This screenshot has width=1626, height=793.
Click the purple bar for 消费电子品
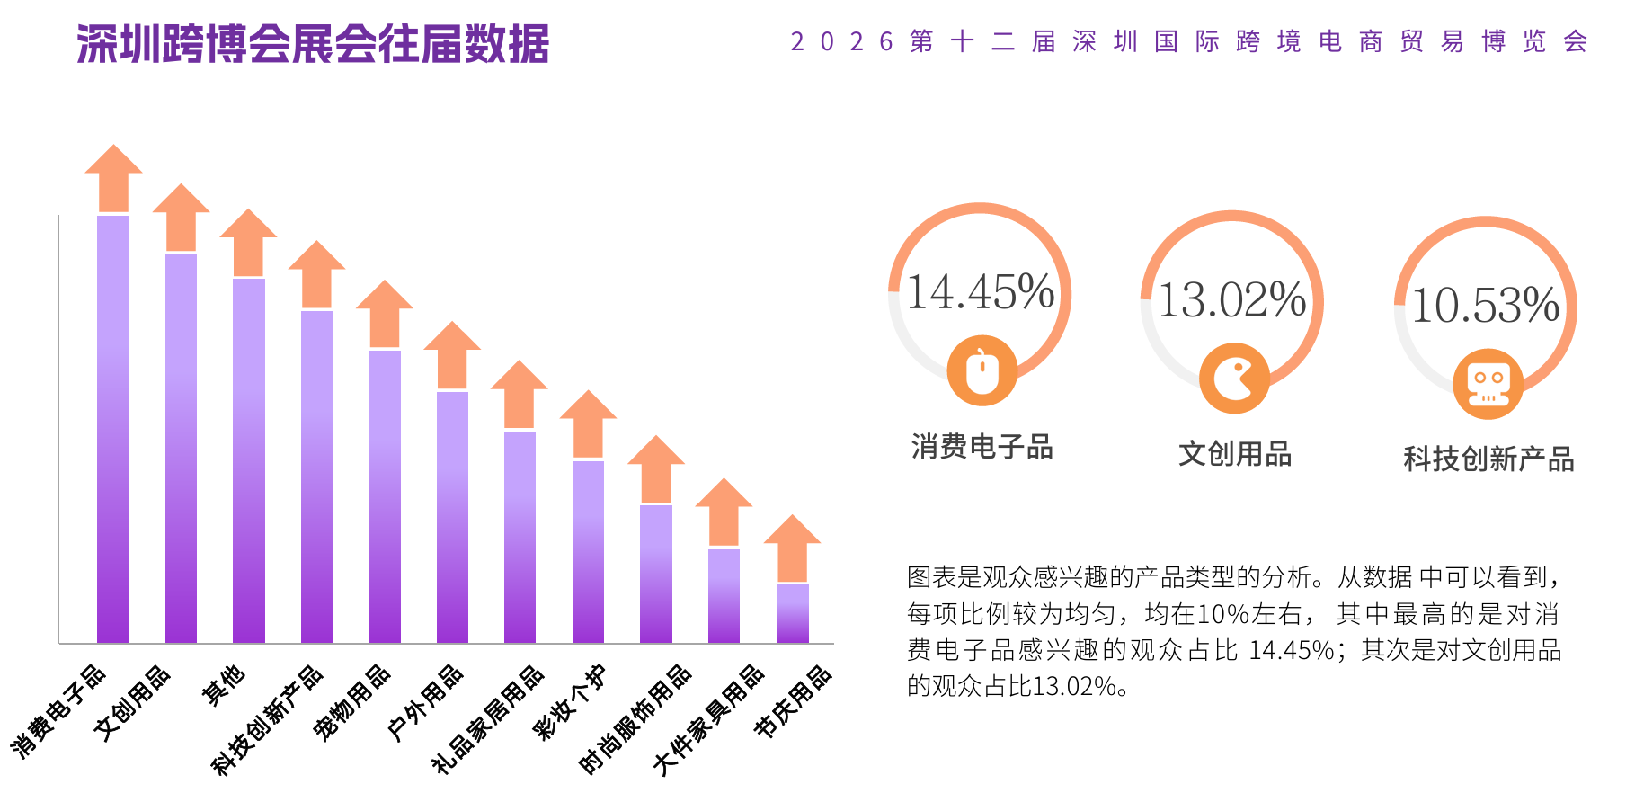[113, 429]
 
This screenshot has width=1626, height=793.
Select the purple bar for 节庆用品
[793, 613]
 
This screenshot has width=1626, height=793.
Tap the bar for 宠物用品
[385, 496]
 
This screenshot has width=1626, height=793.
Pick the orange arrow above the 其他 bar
[248, 242]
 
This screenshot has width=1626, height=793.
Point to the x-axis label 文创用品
[132, 702]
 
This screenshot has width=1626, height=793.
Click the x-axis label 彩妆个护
[570, 701]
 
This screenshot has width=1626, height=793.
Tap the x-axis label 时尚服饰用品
[635, 718]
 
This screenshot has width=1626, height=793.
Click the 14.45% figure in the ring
[980, 292]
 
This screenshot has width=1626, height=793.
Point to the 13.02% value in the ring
[1231, 300]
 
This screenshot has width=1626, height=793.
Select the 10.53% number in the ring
[1485, 306]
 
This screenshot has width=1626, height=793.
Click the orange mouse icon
[982, 370]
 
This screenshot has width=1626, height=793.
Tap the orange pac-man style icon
[1234, 378]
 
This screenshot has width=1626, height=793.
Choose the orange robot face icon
[1488, 384]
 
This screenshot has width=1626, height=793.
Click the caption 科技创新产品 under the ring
[1488, 459]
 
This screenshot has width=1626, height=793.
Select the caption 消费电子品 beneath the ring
[982, 446]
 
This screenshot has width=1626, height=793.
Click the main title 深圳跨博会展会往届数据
[313, 43]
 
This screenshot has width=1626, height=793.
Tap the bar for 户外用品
[452, 517]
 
